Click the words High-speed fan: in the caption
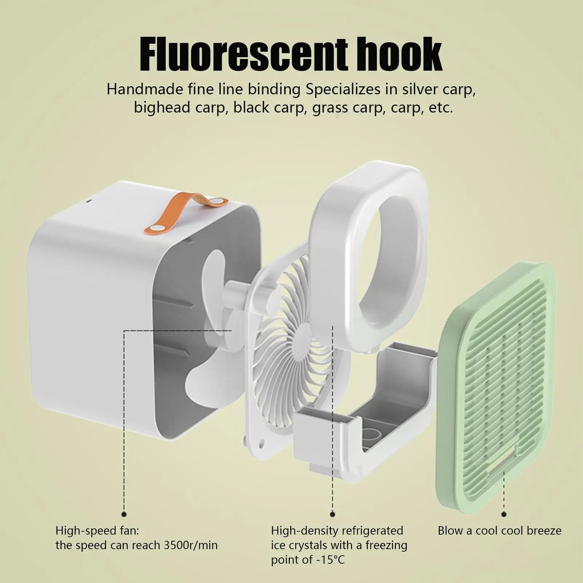click(97, 531)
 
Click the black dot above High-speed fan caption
click(124, 514)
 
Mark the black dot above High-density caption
click(332, 514)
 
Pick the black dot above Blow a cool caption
click(504, 514)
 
